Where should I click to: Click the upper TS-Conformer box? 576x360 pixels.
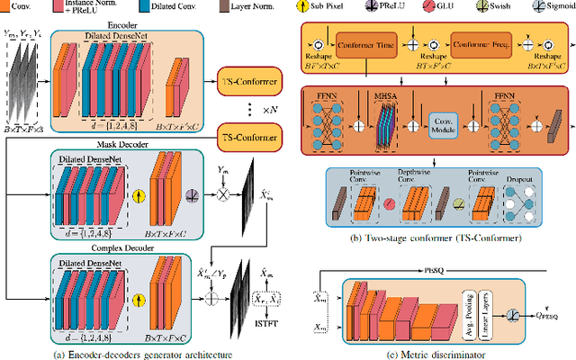click(249, 78)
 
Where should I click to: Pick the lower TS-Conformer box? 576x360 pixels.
click(249, 137)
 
